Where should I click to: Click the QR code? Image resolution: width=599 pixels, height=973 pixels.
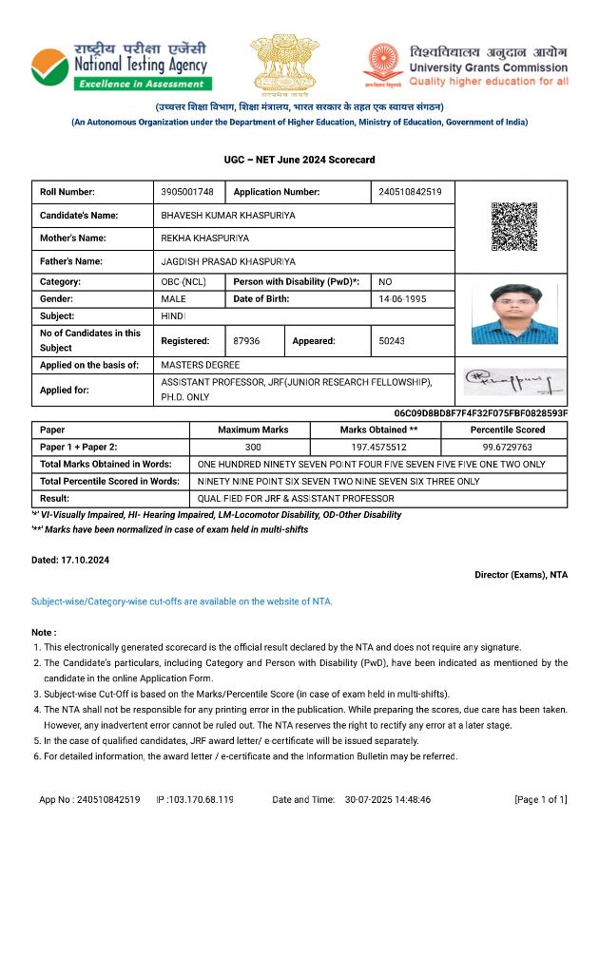(x=513, y=226)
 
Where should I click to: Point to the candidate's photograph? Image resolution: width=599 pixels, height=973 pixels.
(x=513, y=315)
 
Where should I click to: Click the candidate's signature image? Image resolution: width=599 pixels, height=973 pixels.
(x=513, y=382)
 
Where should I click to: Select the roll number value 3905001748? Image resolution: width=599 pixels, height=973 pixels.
(x=187, y=192)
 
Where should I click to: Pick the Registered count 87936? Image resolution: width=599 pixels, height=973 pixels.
(x=246, y=340)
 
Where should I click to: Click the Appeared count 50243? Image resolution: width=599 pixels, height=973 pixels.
(x=392, y=340)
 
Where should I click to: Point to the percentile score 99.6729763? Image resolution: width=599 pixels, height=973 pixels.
(x=507, y=447)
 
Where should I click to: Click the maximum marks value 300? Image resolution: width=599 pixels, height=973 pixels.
(x=253, y=447)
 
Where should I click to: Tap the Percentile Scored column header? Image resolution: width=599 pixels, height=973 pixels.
(x=507, y=429)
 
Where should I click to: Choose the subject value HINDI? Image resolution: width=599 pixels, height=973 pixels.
(x=173, y=316)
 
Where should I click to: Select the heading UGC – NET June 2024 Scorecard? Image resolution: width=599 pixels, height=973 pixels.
(x=299, y=159)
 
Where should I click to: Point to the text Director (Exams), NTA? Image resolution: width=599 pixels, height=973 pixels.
(x=520, y=575)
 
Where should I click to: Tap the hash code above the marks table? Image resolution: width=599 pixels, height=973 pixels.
(x=480, y=413)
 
